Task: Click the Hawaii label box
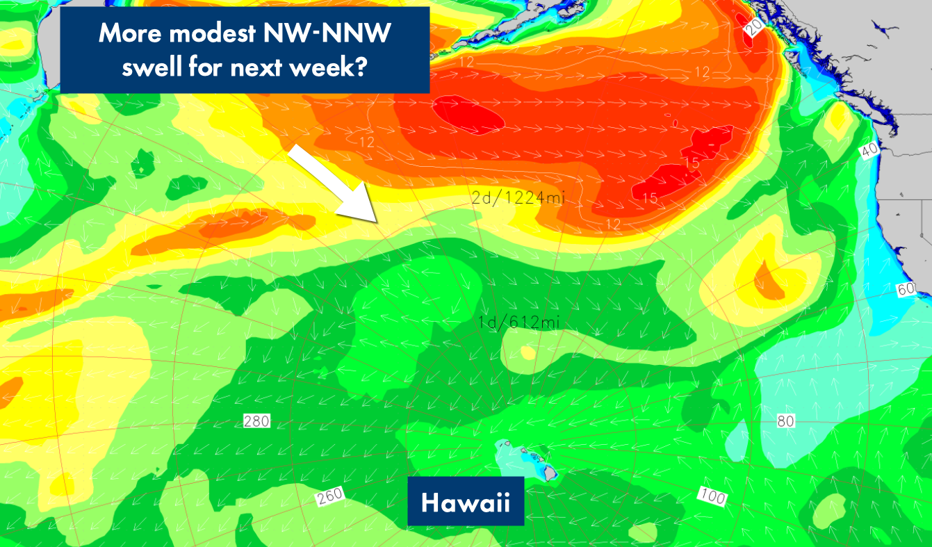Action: [x=465, y=501]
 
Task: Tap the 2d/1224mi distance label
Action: [x=518, y=198]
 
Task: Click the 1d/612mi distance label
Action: [x=519, y=322]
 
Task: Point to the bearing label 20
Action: [x=754, y=27]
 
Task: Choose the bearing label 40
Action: [x=869, y=149]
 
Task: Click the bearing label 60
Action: [x=905, y=290]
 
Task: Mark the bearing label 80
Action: [x=785, y=421]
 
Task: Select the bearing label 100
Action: [x=712, y=496]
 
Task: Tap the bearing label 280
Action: [x=256, y=421]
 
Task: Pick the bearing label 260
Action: [x=331, y=497]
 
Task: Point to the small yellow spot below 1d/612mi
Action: [x=528, y=352]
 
